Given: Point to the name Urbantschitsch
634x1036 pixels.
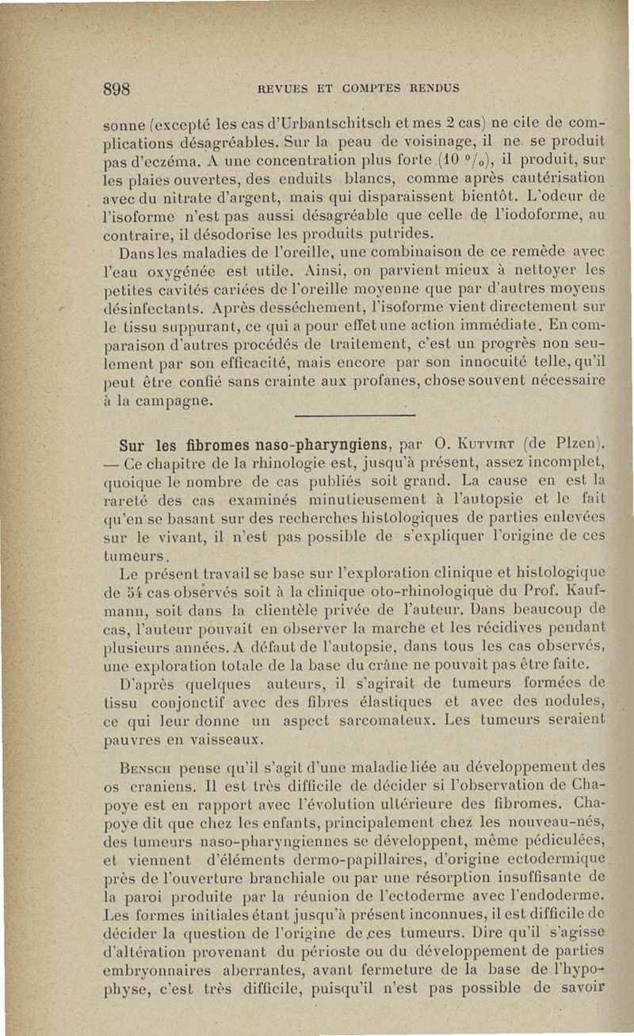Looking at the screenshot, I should tap(303, 124).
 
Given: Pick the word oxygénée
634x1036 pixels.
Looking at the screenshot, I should tap(178, 271).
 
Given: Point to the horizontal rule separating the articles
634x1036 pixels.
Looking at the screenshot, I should tap(349, 418).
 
